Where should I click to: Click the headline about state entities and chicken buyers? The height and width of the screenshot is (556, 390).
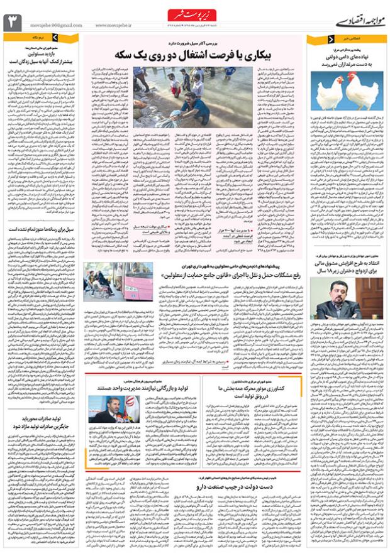tap(345, 61)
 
